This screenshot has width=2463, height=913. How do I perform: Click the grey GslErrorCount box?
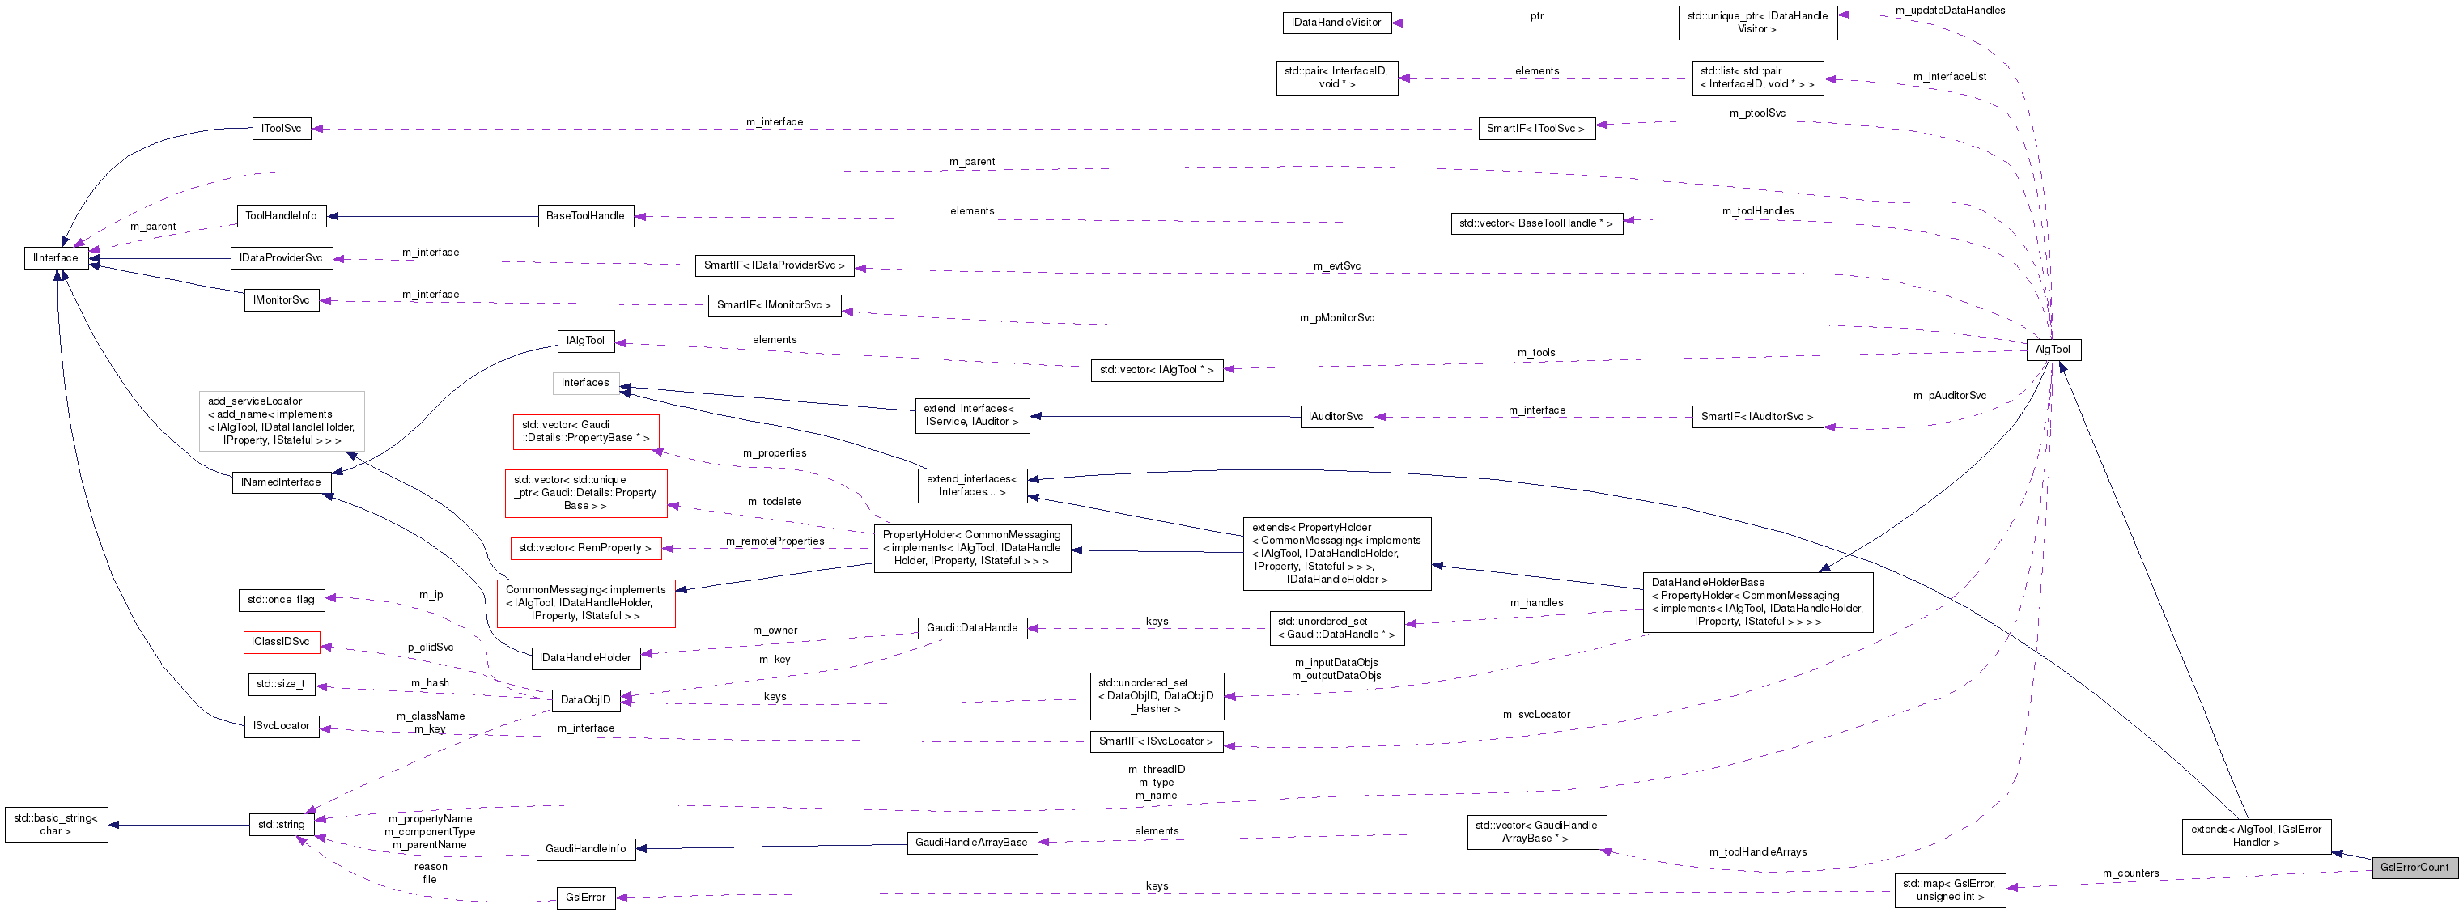click(2414, 867)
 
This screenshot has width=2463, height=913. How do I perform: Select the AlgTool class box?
click(2052, 350)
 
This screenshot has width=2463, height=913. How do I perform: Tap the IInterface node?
click(56, 258)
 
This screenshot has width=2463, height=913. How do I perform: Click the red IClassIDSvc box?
click(280, 643)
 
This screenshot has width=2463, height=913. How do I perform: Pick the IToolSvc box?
click(281, 128)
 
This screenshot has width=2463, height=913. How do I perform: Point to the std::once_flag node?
click(280, 600)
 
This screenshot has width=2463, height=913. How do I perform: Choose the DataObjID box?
click(585, 700)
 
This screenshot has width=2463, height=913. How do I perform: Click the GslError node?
click(585, 898)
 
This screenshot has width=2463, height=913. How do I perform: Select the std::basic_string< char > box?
click(56, 824)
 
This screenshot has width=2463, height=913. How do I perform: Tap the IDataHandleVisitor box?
click(1336, 22)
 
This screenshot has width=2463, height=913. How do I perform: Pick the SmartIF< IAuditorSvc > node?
click(1756, 417)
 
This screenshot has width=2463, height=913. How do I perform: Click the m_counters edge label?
click(2130, 873)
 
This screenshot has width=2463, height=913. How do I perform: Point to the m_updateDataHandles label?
click(1950, 11)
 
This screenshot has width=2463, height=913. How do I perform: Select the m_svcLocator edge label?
click(1535, 714)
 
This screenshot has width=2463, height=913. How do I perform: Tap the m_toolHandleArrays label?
click(1757, 851)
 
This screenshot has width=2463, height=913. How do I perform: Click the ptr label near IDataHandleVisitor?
click(1536, 16)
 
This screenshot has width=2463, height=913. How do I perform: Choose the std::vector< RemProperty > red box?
click(585, 549)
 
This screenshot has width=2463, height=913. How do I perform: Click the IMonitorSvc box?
click(281, 300)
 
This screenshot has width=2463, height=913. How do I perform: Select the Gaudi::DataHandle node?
click(971, 628)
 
